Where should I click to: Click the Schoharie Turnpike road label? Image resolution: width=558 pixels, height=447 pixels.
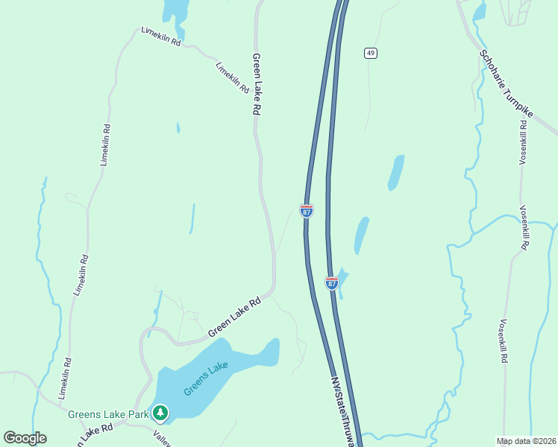[x=518, y=90]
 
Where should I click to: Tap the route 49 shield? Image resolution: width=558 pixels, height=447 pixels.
[x=370, y=52]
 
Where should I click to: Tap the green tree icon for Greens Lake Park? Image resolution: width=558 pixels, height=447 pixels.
[x=160, y=412]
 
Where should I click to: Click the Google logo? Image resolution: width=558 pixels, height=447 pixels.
[x=25, y=438]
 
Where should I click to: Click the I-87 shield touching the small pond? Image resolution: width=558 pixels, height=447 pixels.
[x=332, y=283]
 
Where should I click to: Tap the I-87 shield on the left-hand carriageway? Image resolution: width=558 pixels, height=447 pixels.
[x=307, y=211]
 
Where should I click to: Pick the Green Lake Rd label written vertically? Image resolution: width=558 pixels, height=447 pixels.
[x=257, y=83]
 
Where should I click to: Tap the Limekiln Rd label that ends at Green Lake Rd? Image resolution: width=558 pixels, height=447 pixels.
[x=231, y=77]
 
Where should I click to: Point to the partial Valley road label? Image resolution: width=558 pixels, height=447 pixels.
[x=163, y=438]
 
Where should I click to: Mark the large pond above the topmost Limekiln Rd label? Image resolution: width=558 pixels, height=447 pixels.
[x=175, y=9]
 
